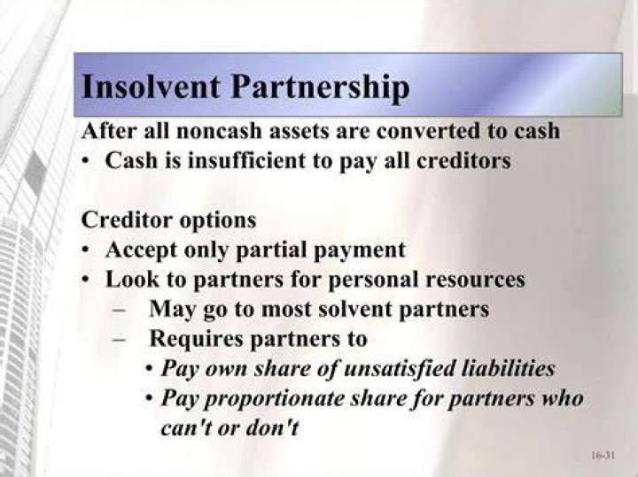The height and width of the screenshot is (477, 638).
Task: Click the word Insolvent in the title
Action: point(151,86)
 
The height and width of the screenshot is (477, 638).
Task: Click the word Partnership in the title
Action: point(320,88)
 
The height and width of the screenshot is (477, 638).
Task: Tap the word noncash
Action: point(219,131)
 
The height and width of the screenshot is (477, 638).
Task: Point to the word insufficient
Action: point(245,160)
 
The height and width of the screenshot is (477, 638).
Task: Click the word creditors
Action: point(463,160)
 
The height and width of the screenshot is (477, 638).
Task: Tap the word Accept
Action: point(142,250)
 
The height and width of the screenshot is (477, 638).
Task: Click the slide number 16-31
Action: point(603,455)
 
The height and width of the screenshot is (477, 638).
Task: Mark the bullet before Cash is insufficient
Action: point(85,161)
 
